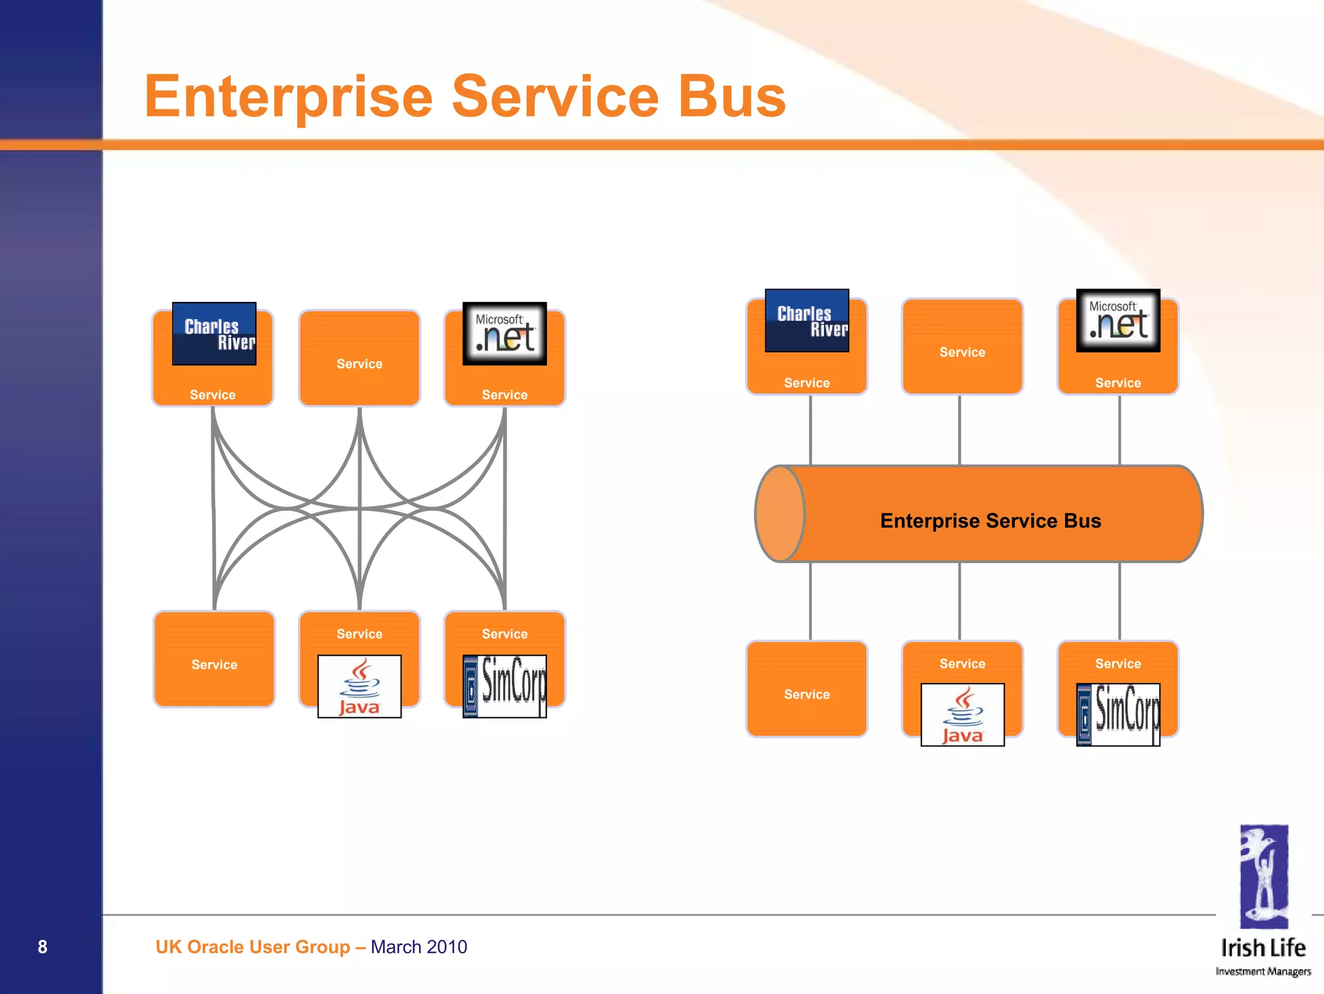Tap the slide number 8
43,947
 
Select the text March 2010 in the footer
418,947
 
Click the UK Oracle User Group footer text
252,947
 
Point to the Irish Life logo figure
1264,876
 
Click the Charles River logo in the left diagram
214,334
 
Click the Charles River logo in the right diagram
807,321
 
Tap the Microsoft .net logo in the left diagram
505,334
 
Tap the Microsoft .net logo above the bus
1118,321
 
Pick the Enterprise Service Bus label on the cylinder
990,521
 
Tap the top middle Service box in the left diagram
359,358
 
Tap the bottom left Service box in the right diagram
807,689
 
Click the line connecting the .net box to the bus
1120,430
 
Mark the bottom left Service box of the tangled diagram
214,659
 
